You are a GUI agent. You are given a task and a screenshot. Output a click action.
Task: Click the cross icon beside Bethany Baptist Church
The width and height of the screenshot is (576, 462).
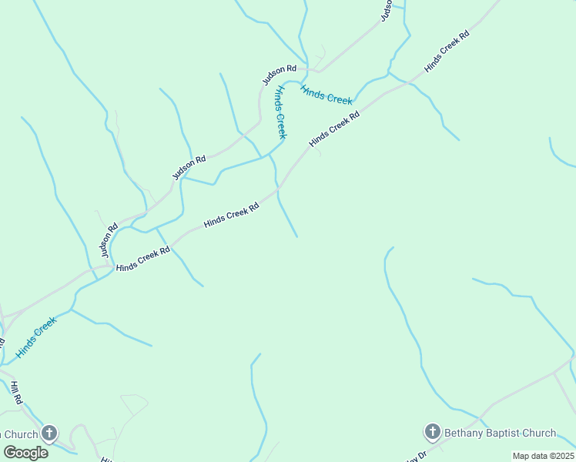(433, 432)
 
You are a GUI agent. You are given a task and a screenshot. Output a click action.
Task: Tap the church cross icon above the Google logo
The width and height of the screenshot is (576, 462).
(49, 434)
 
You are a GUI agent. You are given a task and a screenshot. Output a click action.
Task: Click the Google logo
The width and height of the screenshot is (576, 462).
(25, 452)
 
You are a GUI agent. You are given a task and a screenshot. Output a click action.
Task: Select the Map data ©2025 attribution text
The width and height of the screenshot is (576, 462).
(543, 456)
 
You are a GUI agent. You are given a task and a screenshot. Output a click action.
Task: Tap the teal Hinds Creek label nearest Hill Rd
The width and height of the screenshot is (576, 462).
(36, 338)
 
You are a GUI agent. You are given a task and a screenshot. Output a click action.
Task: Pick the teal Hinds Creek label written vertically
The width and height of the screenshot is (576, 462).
(280, 112)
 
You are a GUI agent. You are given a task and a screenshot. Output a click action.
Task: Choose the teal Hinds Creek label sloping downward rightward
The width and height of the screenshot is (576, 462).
(327, 95)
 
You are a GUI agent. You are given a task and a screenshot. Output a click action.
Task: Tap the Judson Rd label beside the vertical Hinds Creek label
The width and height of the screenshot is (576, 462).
(279, 75)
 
